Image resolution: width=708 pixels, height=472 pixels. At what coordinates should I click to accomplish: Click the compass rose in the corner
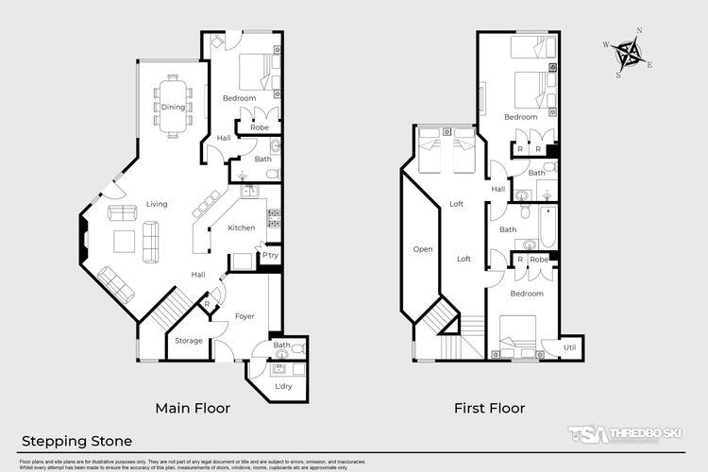(628, 53)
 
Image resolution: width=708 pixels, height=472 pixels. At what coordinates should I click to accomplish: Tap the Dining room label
(173, 107)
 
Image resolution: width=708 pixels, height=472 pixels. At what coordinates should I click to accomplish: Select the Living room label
(157, 204)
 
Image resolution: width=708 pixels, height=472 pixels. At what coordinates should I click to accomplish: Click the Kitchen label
(243, 228)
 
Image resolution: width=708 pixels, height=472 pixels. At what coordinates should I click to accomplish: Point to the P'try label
(271, 256)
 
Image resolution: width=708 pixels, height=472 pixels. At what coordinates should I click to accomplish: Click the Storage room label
(188, 341)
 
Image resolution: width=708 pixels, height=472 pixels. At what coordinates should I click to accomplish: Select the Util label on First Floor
(569, 347)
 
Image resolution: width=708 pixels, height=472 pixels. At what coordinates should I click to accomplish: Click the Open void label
(422, 249)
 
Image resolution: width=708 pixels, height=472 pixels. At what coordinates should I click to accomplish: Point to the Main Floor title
(193, 409)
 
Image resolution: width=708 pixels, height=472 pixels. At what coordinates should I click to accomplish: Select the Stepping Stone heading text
(76, 441)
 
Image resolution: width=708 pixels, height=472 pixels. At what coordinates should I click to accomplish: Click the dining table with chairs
(174, 106)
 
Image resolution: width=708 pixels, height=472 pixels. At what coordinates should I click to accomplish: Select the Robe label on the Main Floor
(259, 126)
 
